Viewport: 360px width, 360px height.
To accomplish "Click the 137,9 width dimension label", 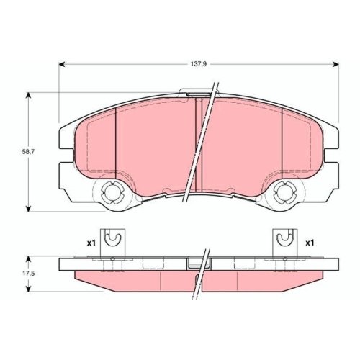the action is click(x=199, y=64).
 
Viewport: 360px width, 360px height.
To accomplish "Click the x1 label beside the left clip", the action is click(x=91, y=243).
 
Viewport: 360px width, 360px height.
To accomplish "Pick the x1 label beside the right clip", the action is click(x=310, y=243).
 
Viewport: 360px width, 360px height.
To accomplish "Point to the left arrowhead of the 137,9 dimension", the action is click(x=62, y=64).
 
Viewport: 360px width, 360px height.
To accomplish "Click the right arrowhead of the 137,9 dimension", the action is click(x=336, y=64).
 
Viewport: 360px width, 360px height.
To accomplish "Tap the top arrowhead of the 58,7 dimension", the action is click(x=29, y=96).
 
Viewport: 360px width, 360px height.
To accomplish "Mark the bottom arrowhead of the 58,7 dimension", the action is click(x=29, y=208).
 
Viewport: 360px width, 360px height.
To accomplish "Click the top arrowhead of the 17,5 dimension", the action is click(x=29, y=259).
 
